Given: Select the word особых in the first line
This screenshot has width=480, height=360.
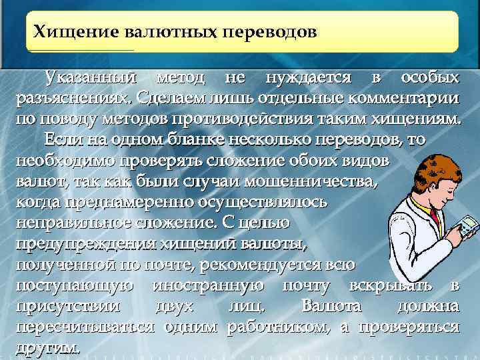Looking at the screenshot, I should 430,78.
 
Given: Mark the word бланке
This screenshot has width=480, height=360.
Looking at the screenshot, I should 184,140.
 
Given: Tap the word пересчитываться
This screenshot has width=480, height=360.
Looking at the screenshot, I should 85,327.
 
